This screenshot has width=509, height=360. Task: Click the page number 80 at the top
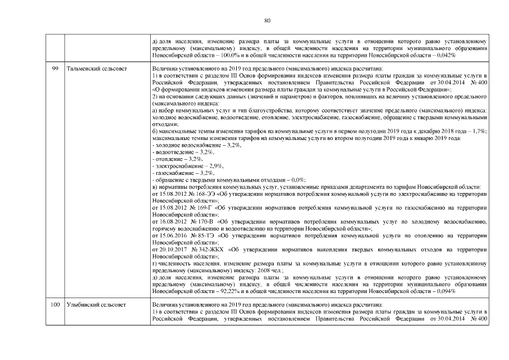(267, 21)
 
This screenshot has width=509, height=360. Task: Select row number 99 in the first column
(55, 69)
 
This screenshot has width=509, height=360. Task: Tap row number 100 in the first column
(55, 304)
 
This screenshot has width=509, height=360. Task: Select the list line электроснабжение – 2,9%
(188, 166)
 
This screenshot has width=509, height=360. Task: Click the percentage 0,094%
(445, 291)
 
